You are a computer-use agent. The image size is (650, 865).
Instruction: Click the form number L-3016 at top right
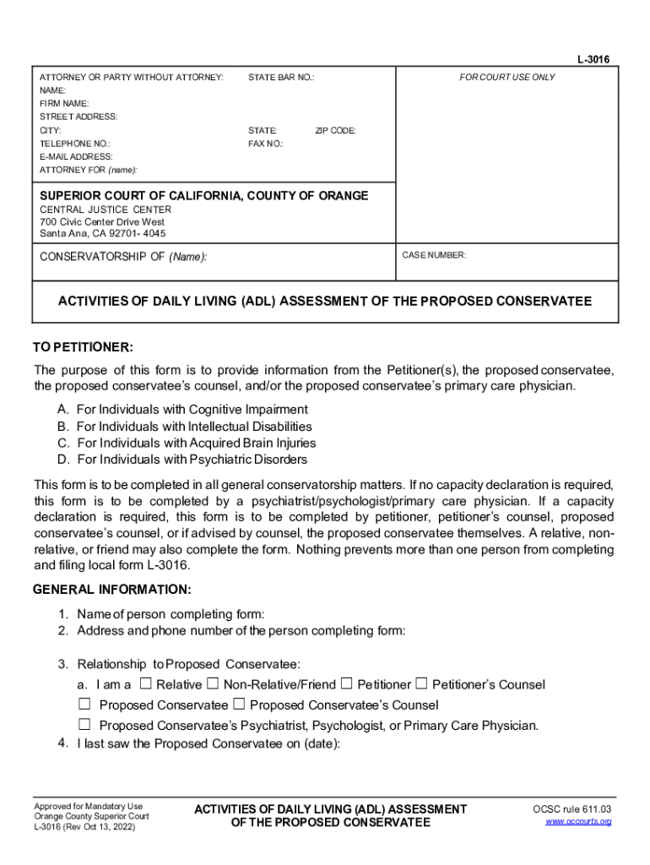point(593,60)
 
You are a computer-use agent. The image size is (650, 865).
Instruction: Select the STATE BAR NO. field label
point(281,77)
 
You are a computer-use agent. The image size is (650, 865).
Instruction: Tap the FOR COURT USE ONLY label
point(507,77)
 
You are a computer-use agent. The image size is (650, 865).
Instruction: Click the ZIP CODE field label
point(335,131)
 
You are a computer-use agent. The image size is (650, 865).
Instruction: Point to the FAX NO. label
point(265,144)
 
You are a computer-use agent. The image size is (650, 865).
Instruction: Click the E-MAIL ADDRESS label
point(76,156)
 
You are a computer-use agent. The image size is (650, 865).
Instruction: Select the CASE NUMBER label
point(434,254)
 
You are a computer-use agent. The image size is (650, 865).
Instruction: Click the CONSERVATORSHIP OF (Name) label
point(123,256)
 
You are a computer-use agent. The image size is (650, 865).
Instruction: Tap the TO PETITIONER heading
point(83,348)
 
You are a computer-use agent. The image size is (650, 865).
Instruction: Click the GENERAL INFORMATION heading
point(111,589)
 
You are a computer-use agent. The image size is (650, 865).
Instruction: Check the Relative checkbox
point(146,683)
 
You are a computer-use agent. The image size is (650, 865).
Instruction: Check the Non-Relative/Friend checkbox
point(213,683)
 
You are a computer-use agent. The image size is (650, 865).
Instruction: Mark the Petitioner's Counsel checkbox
point(421,683)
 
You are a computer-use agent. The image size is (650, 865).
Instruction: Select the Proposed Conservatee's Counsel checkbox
point(239,704)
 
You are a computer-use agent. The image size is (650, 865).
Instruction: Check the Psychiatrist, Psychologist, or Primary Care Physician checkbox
point(84,724)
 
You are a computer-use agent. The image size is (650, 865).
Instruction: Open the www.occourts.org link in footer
point(578,821)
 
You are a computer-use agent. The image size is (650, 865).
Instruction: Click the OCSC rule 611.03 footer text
point(571,809)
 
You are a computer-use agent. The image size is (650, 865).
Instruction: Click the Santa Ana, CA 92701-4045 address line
point(103,233)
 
